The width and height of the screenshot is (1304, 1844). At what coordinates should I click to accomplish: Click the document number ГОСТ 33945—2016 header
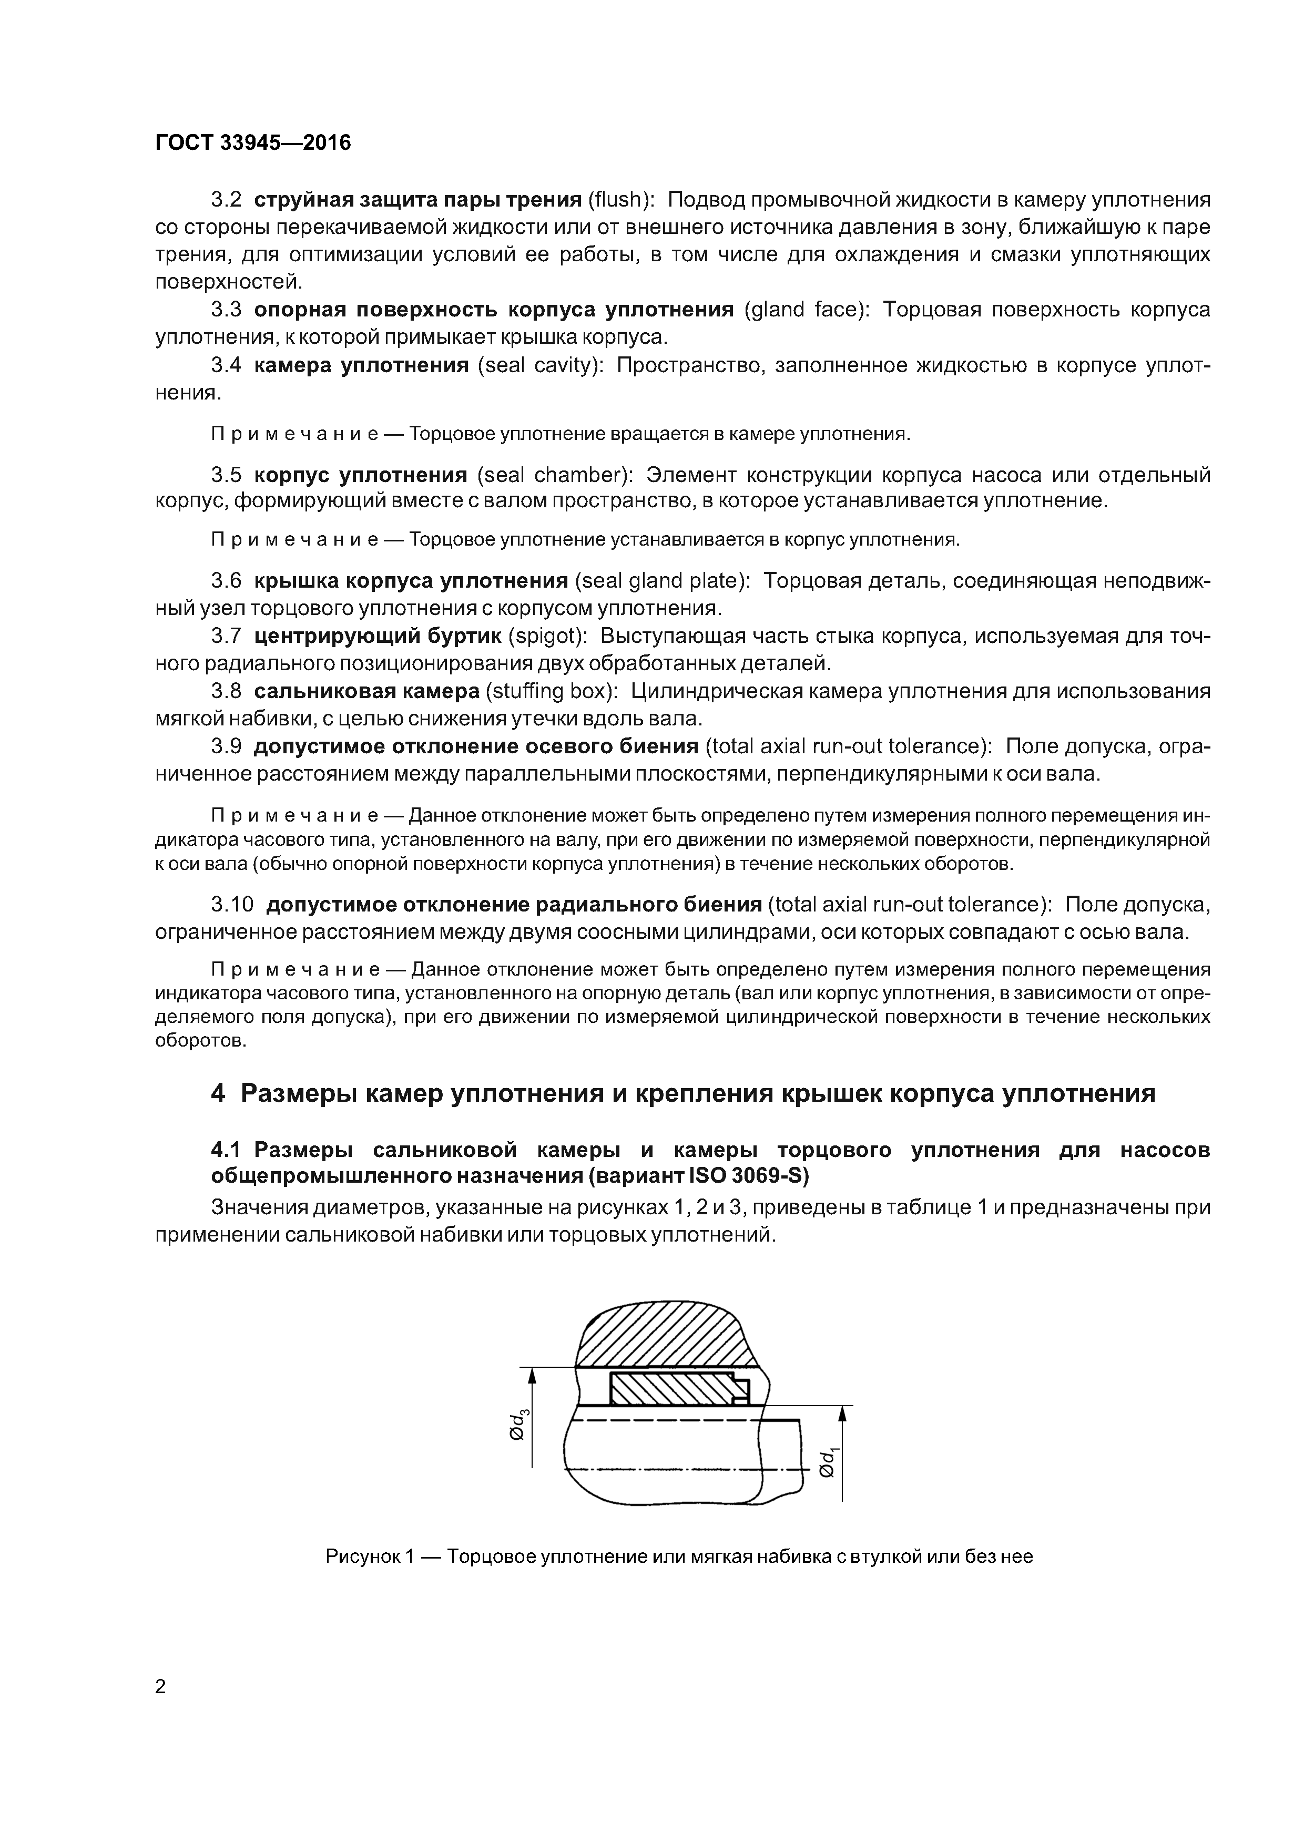[x=253, y=143]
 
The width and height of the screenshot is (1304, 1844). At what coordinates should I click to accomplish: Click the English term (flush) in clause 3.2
[x=621, y=199]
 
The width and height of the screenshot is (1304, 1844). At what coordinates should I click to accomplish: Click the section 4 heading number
[x=218, y=1094]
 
